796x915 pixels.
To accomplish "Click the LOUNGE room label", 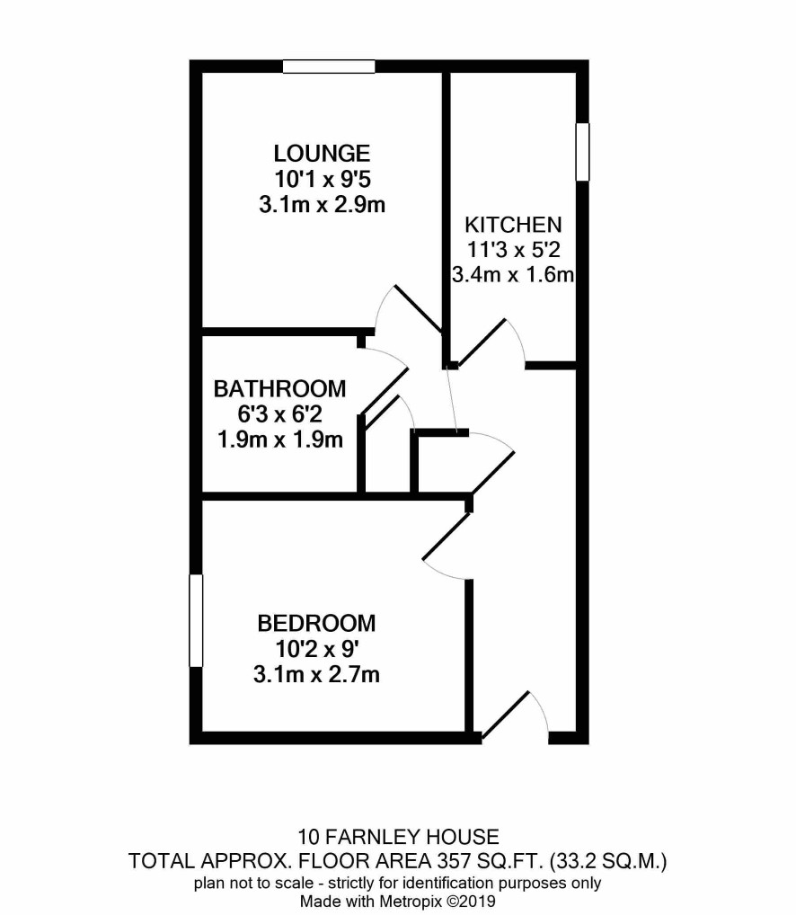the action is pyautogui.click(x=322, y=154).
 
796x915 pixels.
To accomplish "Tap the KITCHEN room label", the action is pyautogui.click(x=513, y=225).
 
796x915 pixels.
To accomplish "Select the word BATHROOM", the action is pyautogui.click(x=280, y=388).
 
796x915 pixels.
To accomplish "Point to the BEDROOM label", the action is pyautogui.click(x=316, y=623).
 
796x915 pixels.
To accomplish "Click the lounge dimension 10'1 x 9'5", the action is pyautogui.click(x=323, y=179).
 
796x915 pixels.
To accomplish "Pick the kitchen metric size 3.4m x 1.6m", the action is pyautogui.click(x=513, y=274).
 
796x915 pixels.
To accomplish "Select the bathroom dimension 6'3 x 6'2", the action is pyautogui.click(x=280, y=414).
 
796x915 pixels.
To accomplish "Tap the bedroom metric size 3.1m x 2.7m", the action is pyautogui.click(x=316, y=675).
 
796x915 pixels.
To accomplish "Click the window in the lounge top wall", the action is pyautogui.click(x=329, y=67).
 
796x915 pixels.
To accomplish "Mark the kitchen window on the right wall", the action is pyautogui.click(x=582, y=152).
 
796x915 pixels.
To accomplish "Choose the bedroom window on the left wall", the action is pyautogui.click(x=196, y=620).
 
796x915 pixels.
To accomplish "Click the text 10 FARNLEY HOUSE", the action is pyautogui.click(x=399, y=838).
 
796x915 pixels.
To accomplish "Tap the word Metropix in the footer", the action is pyautogui.click(x=411, y=901).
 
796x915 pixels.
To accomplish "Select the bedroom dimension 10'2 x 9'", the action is pyautogui.click(x=316, y=649).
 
